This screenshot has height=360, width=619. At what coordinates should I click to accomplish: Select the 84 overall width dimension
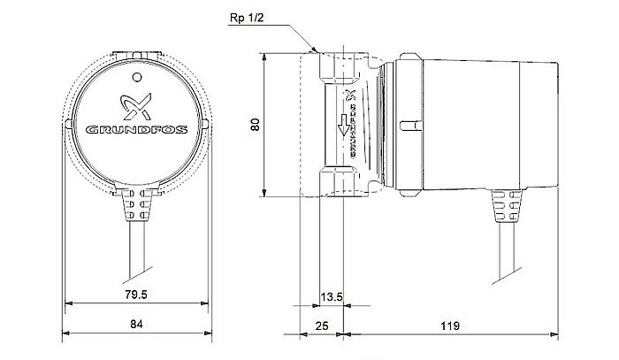136,326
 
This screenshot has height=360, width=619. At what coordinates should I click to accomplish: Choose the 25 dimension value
322,326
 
